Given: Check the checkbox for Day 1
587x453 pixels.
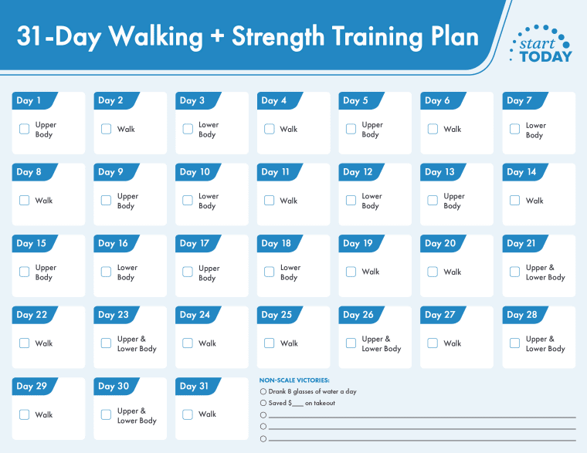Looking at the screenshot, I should click(x=25, y=129).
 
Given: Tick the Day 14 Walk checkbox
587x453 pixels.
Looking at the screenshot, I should click(x=515, y=201).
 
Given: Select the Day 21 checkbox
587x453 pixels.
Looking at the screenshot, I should click(x=515, y=272).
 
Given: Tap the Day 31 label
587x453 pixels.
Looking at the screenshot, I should click(x=194, y=386).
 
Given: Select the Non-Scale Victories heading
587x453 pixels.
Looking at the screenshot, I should click(x=294, y=380).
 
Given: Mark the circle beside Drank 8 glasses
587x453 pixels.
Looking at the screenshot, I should click(x=263, y=392).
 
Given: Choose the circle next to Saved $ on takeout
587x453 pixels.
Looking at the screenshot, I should click(x=263, y=403).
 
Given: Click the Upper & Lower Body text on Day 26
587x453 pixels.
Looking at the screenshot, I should click(x=382, y=344).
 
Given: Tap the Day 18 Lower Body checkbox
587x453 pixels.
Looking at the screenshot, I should click(x=270, y=272).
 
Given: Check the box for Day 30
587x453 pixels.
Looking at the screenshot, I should click(x=107, y=414).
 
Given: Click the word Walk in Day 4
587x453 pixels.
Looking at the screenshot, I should click(x=289, y=130).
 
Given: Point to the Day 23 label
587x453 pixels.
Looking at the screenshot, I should click(x=114, y=315).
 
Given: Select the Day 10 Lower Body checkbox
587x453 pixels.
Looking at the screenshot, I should click(x=188, y=201).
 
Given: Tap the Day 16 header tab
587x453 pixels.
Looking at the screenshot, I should click(x=114, y=243).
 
